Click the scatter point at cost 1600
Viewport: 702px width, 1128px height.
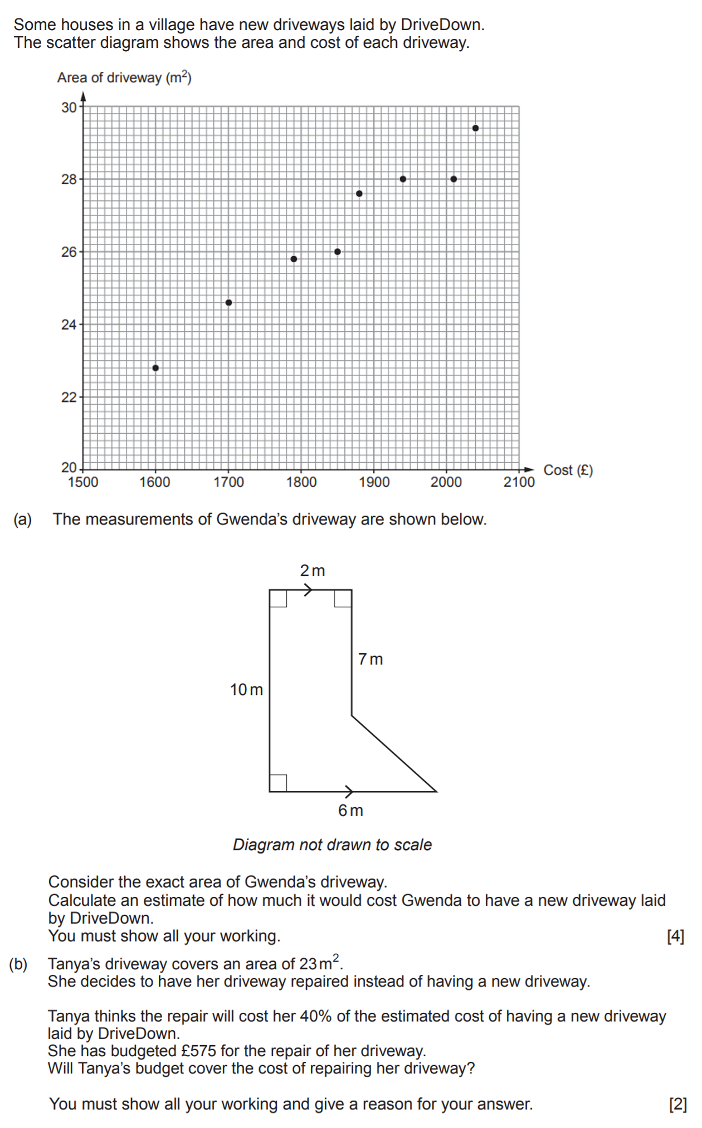pyautogui.click(x=155, y=368)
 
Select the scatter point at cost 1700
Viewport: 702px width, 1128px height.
pyautogui.click(x=228, y=303)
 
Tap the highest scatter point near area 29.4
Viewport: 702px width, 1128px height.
pyautogui.click(x=475, y=128)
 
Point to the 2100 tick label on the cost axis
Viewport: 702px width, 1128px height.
pyautogui.click(x=519, y=482)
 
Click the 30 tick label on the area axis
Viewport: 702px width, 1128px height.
pyautogui.click(x=69, y=107)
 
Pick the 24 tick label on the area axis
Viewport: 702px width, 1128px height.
pyautogui.click(x=69, y=325)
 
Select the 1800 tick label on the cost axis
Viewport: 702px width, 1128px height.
pyautogui.click(x=301, y=482)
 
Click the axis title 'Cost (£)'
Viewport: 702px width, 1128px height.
pyautogui.click(x=568, y=470)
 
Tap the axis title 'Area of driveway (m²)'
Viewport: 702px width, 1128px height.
pyautogui.click(x=124, y=78)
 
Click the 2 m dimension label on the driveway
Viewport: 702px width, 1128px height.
pyautogui.click(x=312, y=571)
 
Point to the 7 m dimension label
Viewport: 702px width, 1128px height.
pyautogui.click(x=370, y=659)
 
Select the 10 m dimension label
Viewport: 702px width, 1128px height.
pyautogui.click(x=246, y=690)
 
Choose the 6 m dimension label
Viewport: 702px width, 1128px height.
pyautogui.click(x=350, y=811)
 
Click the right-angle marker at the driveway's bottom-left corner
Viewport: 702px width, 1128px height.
pyautogui.click(x=278, y=783)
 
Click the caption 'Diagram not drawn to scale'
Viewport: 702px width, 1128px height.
pyautogui.click(x=332, y=845)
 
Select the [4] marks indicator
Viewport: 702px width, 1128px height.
pyautogui.click(x=675, y=936)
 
